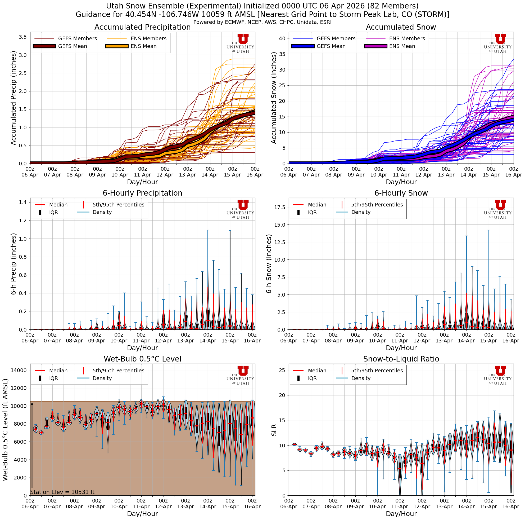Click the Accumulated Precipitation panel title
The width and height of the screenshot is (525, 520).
pyautogui.click(x=142, y=27)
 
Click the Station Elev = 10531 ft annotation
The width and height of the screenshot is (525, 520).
pyautogui.click(x=62, y=492)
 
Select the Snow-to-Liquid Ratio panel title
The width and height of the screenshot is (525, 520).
pyautogui.click(x=401, y=359)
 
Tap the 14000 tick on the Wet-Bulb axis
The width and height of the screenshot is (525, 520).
pyautogui.click(x=19, y=370)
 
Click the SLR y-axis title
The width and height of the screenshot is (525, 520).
pyautogui.click(x=274, y=430)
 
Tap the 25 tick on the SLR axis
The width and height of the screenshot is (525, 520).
pyautogui.click(x=282, y=370)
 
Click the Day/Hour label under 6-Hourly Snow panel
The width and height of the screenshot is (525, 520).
pyautogui.click(x=401, y=348)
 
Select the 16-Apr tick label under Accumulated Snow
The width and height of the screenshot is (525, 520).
pyautogui.click(x=513, y=175)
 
